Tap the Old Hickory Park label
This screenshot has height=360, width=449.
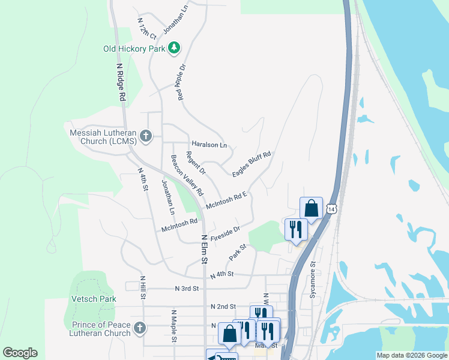pos(133,49)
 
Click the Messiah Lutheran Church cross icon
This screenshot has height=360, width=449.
pos(145,136)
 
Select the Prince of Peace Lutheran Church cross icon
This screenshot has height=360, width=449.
pos(139,328)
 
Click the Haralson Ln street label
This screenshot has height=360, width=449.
pos(209,145)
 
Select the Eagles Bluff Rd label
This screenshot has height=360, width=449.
pos(252,163)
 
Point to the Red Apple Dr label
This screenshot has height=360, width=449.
pos(179,82)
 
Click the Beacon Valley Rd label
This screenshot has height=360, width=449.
pos(187,176)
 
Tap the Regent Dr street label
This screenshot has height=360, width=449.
pos(196,163)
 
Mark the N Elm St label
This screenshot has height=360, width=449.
pos(204,249)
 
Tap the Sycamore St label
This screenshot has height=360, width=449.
pos(312,280)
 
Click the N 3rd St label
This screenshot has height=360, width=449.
pos(187,289)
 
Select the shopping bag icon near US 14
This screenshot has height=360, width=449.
pos(311,209)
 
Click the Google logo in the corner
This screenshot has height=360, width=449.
pos(20,353)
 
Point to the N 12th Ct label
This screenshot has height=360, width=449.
pos(146,28)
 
